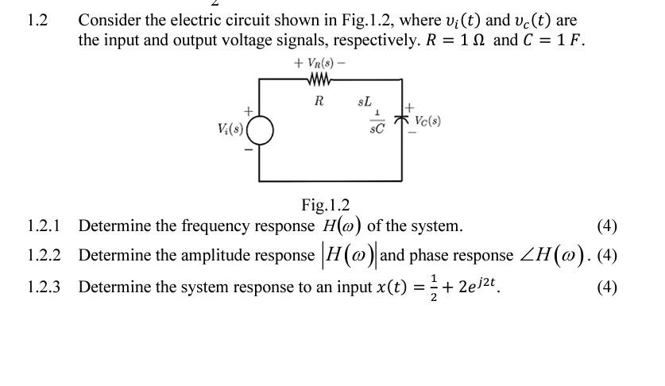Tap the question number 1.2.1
[x=44, y=226]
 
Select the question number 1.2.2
[x=44, y=256]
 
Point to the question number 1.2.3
[x=44, y=287]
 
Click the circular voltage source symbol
[x=260, y=130]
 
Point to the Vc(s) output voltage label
[x=427, y=122]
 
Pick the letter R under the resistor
[x=319, y=101]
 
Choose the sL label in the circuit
[x=364, y=102]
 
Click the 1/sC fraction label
[x=377, y=122]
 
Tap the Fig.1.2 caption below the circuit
[x=325, y=206]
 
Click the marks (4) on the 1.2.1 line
[x=606, y=226]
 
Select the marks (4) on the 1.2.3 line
[x=606, y=287]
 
